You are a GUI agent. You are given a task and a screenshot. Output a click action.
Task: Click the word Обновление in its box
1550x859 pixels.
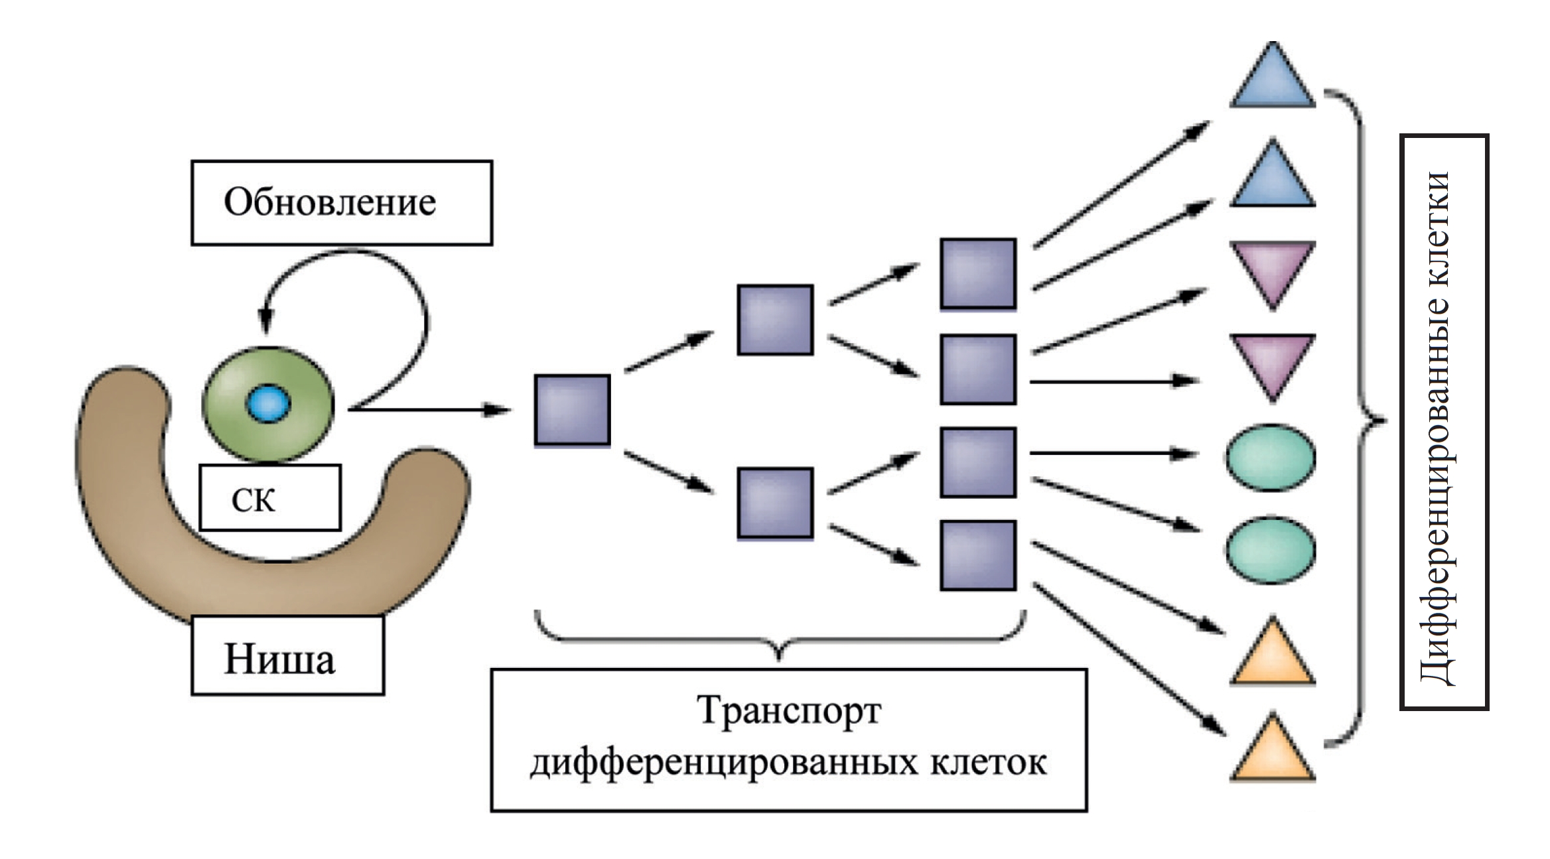tap(330, 202)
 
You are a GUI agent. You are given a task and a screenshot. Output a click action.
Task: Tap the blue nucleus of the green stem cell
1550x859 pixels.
tap(268, 403)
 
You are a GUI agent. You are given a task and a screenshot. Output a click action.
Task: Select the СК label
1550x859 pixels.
tap(253, 499)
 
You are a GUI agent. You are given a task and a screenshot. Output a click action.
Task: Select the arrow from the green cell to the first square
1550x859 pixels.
tap(428, 410)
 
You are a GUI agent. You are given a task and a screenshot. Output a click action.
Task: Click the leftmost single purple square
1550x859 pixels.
tap(572, 409)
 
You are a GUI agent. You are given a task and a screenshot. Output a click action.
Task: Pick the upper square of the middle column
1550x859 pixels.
tap(775, 320)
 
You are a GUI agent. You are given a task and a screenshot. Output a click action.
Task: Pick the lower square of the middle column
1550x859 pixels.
tap(775, 502)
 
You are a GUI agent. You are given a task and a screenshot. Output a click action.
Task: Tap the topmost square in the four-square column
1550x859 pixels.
tap(978, 273)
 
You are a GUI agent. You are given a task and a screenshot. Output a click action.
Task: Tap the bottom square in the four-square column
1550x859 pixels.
tap(978, 555)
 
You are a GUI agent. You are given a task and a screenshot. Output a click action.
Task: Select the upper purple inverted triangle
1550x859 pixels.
tap(1272, 269)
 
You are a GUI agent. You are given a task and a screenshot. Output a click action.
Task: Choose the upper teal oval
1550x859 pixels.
tap(1270, 458)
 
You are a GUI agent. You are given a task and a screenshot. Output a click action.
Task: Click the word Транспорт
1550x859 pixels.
tap(788, 711)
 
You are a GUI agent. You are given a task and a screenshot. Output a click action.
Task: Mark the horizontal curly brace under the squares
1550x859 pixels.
tap(780, 640)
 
